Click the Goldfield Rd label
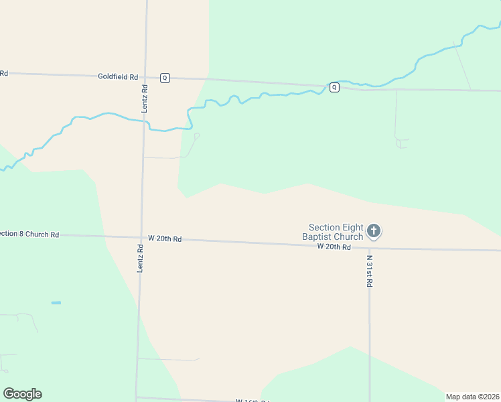pyautogui.click(x=117, y=77)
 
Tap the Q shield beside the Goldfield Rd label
pyautogui.click(x=165, y=78)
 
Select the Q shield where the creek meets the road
pyautogui.click(x=334, y=86)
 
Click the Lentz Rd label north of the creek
pyautogui.click(x=145, y=98)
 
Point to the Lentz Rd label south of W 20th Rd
pyautogui.click(x=141, y=257)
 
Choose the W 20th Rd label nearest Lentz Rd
pyautogui.click(x=165, y=239)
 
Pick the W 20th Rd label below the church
pyautogui.click(x=334, y=247)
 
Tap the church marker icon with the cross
pyautogui.click(x=374, y=232)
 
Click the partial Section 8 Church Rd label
pyautogui.click(x=29, y=234)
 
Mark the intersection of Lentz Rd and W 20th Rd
pyautogui.click(x=141, y=237)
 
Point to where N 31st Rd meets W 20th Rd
pyautogui.click(x=369, y=249)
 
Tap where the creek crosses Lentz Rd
pyautogui.click(x=144, y=121)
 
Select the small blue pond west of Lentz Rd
pyautogui.click(x=56, y=303)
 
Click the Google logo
pyautogui.click(x=22, y=394)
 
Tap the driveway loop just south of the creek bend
pyautogui.click(x=196, y=136)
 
